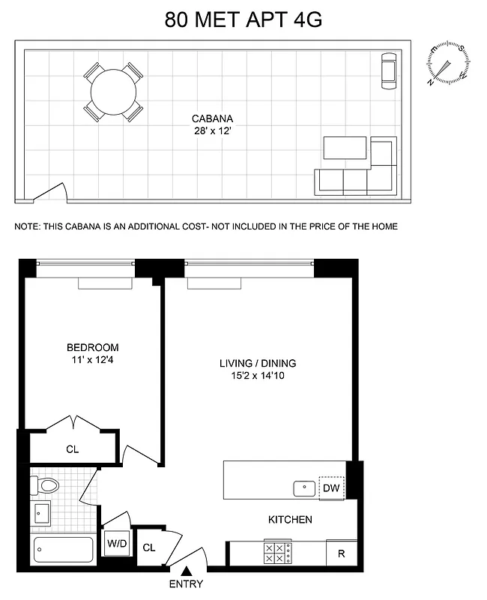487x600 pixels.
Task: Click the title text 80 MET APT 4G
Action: click(x=243, y=19)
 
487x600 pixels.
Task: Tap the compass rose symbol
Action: click(x=447, y=64)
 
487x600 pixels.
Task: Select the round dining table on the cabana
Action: click(x=113, y=92)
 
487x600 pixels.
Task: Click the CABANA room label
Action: click(x=212, y=118)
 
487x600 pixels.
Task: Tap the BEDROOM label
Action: click(x=92, y=347)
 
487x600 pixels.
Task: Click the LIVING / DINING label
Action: click(x=258, y=363)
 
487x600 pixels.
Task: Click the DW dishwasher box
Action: click(x=331, y=488)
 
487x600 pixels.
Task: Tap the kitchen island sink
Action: click(x=305, y=488)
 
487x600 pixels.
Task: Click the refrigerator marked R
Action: click(x=341, y=554)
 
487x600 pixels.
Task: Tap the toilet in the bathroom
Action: click(x=46, y=485)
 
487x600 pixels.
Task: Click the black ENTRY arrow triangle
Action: click(x=185, y=571)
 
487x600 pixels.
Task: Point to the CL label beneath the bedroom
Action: click(x=72, y=449)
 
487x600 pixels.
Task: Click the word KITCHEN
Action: click(x=290, y=519)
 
